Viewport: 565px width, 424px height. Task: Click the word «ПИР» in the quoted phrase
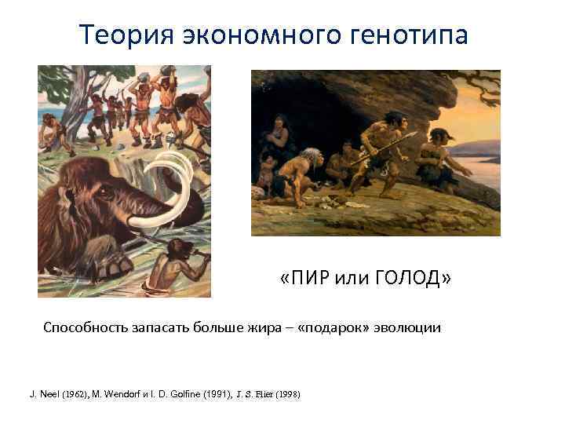point(308,279)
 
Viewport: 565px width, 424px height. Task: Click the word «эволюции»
point(409,327)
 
